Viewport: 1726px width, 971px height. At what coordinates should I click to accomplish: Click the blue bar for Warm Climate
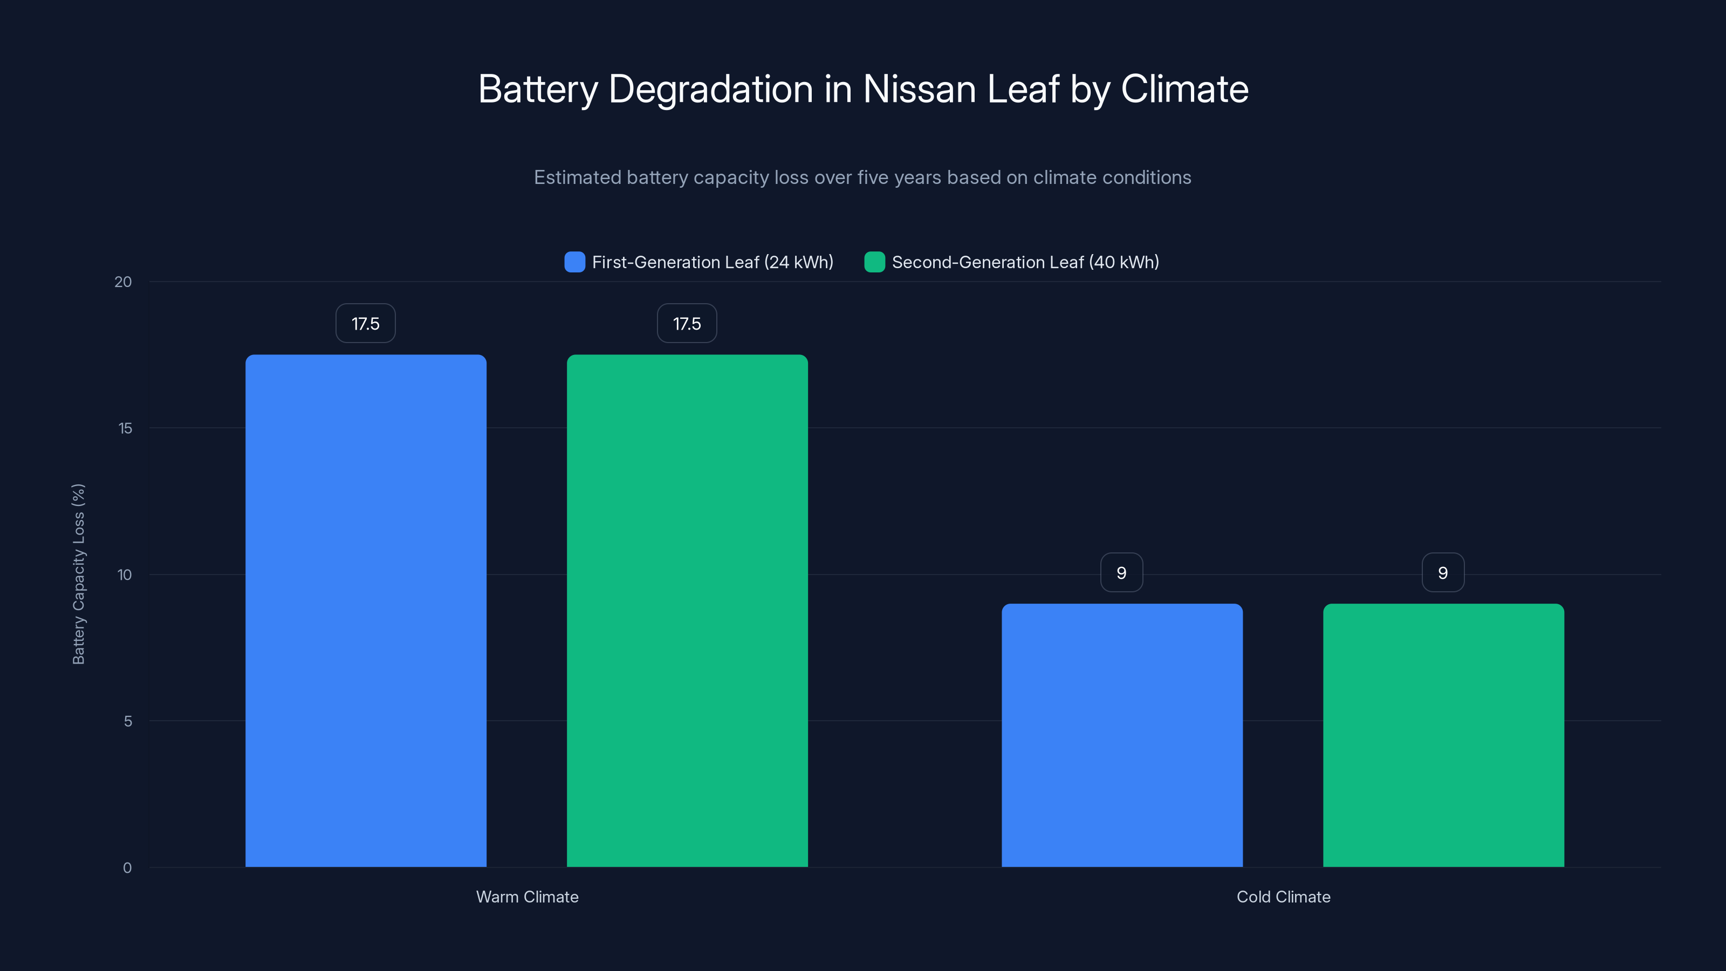[x=366, y=610]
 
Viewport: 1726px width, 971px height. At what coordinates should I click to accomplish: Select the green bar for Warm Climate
[x=688, y=610]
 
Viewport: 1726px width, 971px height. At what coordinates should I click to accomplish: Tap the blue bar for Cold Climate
[x=1122, y=735]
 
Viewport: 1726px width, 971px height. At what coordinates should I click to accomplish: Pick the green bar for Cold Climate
[x=1443, y=735]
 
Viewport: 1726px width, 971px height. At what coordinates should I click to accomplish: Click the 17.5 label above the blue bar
[x=366, y=324]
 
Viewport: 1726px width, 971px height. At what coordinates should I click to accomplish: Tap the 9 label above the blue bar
[x=1122, y=573]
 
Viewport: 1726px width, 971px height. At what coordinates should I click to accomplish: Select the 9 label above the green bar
[x=1443, y=573]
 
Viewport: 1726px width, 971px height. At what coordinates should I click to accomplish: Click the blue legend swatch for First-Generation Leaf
[x=575, y=262]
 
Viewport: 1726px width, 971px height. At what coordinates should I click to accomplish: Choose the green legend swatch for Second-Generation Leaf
[x=874, y=262]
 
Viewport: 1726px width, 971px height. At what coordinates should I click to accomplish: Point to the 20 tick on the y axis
[x=124, y=282]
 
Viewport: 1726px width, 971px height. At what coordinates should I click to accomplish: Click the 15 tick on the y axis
[x=125, y=428]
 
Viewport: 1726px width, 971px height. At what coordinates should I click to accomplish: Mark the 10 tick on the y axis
[x=125, y=575]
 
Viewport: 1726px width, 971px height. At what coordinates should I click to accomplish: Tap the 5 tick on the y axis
[x=127, y=722]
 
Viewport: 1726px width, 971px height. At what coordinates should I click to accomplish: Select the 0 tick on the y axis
[x=127, y=868]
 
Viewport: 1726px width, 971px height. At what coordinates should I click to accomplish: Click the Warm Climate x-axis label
[x=528, y=897]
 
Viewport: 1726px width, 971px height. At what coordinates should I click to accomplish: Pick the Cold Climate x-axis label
[x=1283, y=897]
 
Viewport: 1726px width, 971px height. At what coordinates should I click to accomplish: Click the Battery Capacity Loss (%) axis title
[x=78, y=575]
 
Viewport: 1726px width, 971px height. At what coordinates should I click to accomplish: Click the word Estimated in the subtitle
[x=577, y=177]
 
